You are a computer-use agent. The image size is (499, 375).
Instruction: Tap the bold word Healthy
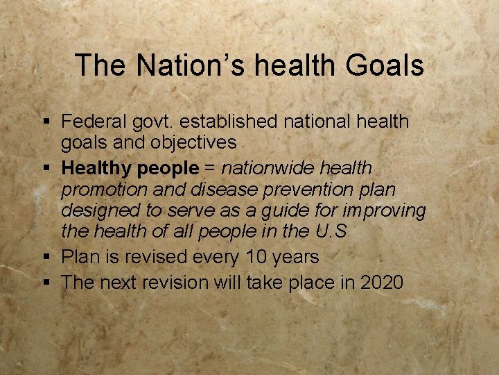[96, 168]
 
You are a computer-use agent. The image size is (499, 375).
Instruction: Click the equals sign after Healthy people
[210, 168]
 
